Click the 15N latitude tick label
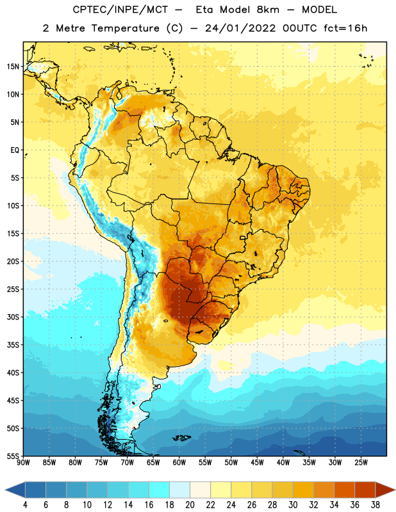[13, 67]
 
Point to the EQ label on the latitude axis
[15, 150]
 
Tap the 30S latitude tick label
[13, 317]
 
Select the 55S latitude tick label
[13, 456]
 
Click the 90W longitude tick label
[23, 463]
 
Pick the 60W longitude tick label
[179, 463]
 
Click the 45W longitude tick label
[257, 463]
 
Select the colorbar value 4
[25, 505]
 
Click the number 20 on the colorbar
[190, 505]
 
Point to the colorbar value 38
[375, 505]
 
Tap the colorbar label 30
[293, 505]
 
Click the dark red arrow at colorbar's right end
[384, 490]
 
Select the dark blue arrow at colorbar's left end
[15, 490]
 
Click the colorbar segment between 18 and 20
[179, 490]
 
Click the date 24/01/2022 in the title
[240, 28]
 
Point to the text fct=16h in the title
[345, 28]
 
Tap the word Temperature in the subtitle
[125, 28]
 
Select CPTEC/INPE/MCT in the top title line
[120, 10]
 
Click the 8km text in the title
[268, 10]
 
